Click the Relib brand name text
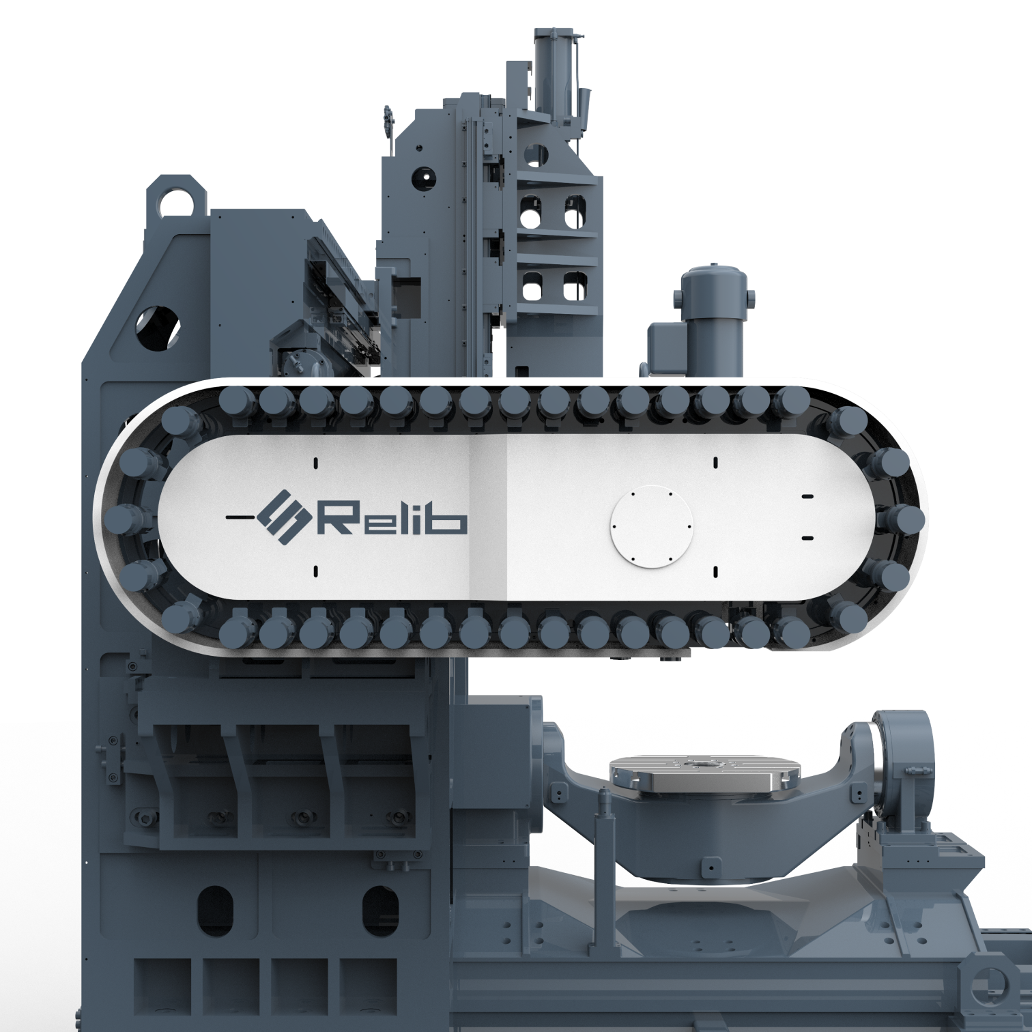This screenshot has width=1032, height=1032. click(392, 518)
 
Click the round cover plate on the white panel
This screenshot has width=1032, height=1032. click(650, 526)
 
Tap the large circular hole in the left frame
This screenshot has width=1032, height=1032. click(159, 326)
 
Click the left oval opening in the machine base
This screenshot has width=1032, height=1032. click(215, 911)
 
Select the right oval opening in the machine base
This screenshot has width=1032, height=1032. click(380, 911)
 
